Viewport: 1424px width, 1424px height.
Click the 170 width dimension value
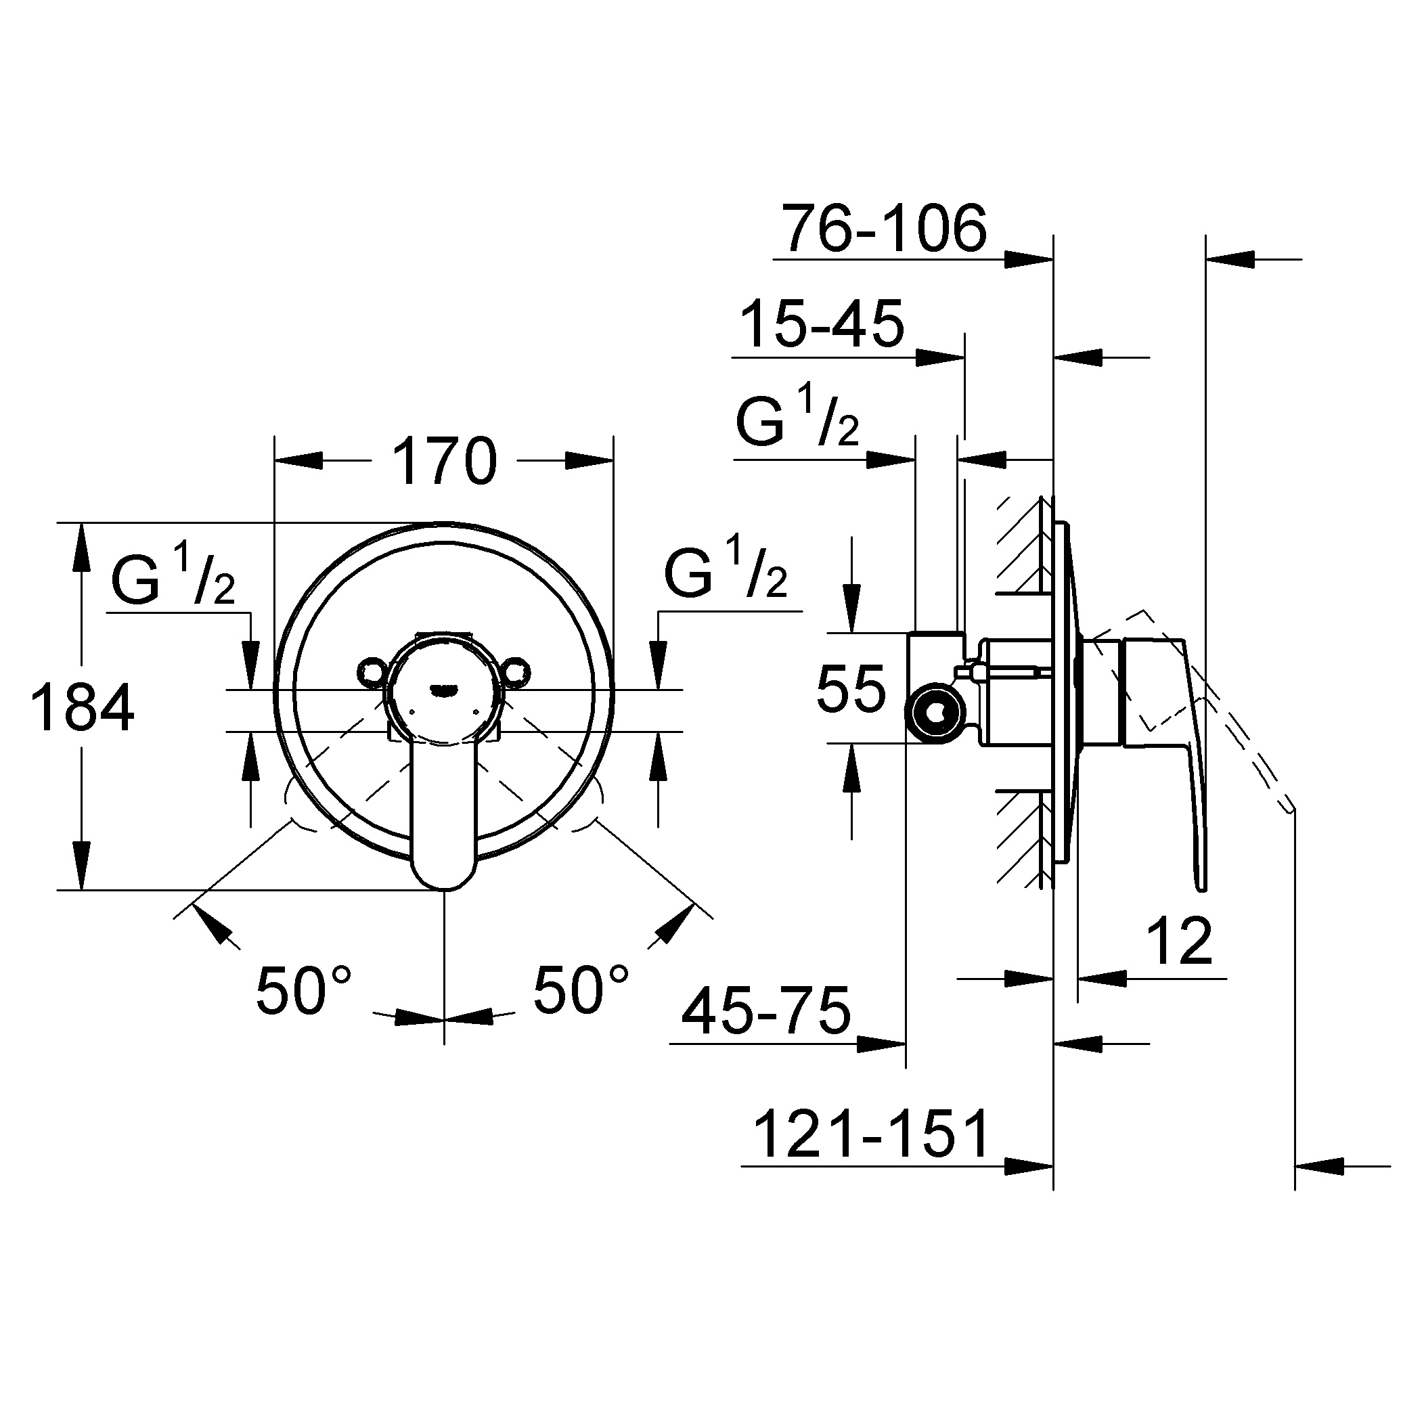(445, 462)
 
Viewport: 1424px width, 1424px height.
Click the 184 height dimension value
(82, 707)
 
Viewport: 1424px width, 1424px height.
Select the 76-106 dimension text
(884, 229)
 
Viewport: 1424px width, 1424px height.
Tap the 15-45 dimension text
(821, 324)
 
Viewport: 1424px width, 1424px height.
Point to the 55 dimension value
(851, 689)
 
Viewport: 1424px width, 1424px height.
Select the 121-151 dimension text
(871, 1136)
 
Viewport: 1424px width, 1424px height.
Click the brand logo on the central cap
(445, 689)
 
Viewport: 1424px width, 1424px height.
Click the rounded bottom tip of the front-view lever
(444, 889)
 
